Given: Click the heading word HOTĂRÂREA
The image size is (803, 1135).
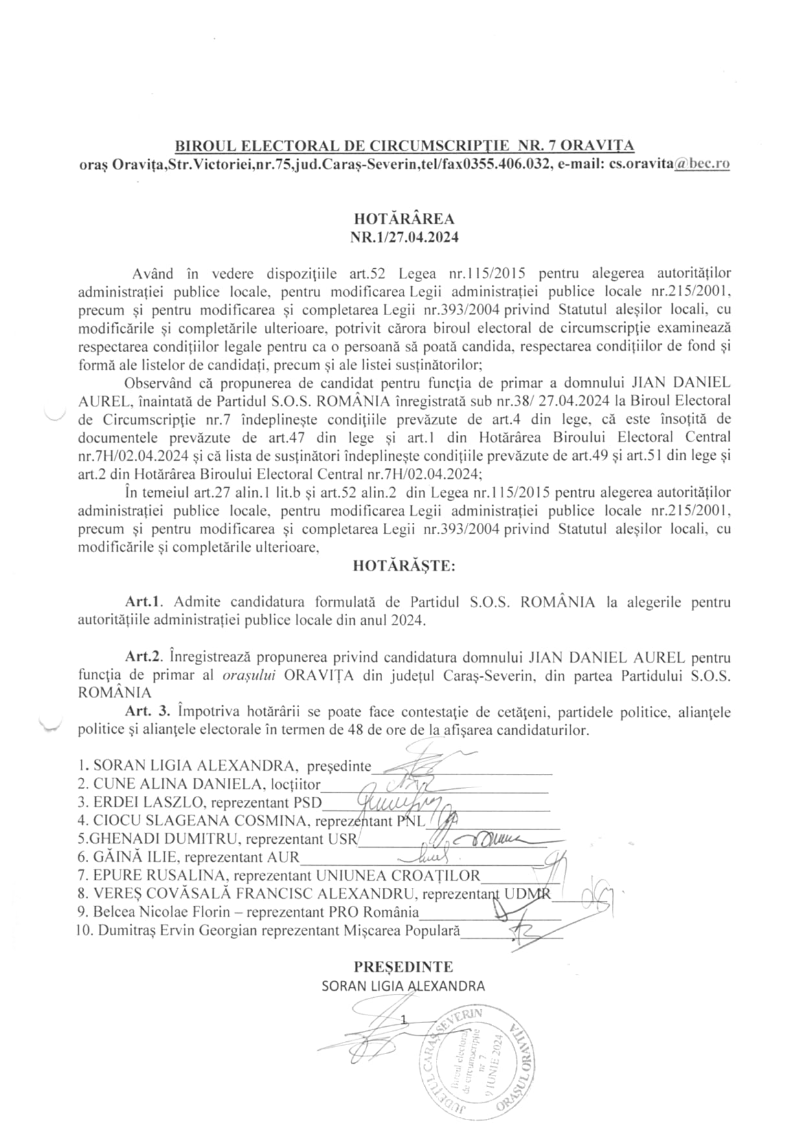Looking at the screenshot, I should click(x=404, y=219).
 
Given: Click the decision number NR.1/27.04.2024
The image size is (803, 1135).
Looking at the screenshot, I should click(x=404, y=237).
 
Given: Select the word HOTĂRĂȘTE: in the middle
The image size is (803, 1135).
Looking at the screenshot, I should click(x=404, y=566).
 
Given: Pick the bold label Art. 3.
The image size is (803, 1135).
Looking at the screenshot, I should click(x=148, y=712).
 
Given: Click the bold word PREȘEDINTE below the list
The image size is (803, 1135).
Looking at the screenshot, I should click(x=403, y=967).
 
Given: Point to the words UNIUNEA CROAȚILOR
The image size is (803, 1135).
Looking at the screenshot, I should click(x=398, y=876).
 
